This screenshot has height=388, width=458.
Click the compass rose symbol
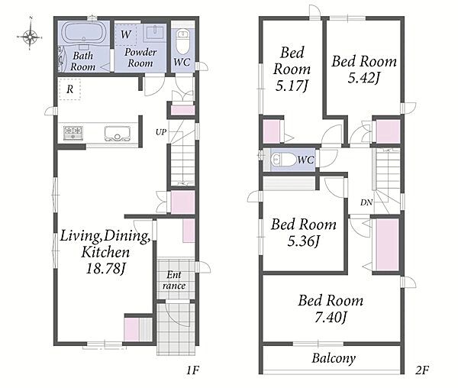(30, 37)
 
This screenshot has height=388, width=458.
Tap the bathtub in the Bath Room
(83, 32)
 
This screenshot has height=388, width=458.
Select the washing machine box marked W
(126, 35)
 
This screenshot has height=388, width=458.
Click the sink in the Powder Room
(154, 33)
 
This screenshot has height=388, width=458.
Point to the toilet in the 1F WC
(183, 41)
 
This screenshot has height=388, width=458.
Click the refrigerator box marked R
(69, 89)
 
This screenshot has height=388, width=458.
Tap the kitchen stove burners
(73, 133)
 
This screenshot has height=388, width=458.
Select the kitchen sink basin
(118, 134)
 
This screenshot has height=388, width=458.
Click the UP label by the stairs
(161, 132)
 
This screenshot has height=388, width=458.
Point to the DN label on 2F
(366, 202)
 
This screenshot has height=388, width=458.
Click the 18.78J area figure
(106, 268)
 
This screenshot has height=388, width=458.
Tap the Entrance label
(174, 280)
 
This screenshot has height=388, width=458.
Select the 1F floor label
(192, 370)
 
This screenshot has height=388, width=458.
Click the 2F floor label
(422, 370)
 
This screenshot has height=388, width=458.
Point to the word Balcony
(334, 358)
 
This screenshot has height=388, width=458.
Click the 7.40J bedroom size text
(331, 317)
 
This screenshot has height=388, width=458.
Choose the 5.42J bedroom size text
(364, 78)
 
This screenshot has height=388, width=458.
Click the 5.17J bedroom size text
(292, 86)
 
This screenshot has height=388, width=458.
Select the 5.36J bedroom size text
(304, 241)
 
